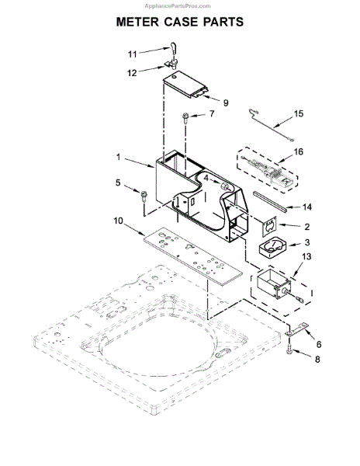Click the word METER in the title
point(137,22)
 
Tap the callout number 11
point(132,54)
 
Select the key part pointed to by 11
point(173,50)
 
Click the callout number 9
point(226,103)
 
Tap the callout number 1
point(119,157)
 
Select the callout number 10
point(118,221)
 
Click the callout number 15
point(299,113)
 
